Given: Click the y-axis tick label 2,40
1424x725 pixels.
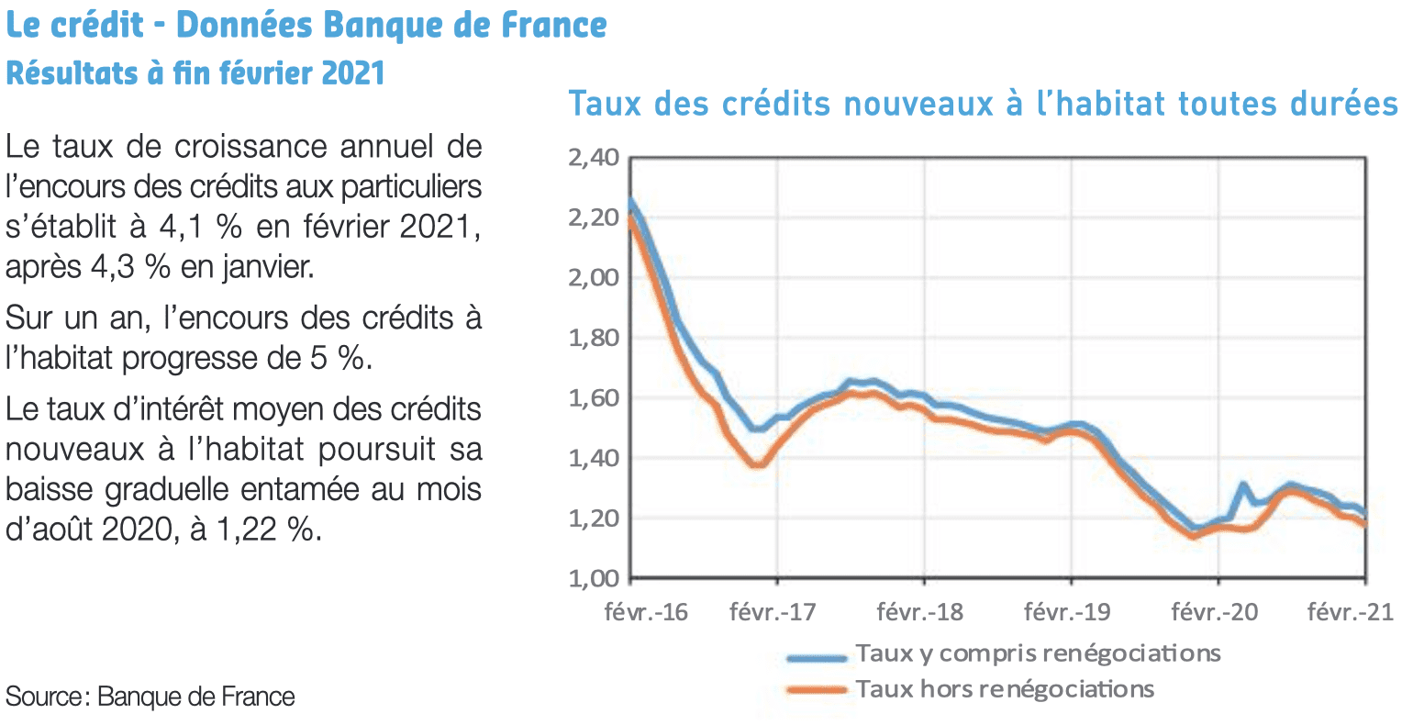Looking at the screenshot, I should tap(594, 158).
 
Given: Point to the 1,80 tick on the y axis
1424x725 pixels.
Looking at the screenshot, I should tap(594, 338).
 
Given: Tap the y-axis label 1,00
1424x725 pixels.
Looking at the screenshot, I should tap(594, 578).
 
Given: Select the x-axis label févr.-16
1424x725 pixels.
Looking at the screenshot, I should tap(646, 611).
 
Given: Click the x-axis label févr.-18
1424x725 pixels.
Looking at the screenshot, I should tap(919, 611).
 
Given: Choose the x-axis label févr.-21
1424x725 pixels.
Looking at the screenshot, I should tap(1350, 611).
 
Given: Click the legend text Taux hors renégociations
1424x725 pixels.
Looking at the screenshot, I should tap(1005, 688).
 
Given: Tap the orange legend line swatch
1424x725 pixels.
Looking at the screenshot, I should tap(817, 690).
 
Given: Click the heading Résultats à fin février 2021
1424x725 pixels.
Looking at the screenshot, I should tap(195, 73).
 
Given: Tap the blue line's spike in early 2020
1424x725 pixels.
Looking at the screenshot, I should tap(1243, 485).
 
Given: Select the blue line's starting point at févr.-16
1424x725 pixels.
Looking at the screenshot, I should tap(631, 200).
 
